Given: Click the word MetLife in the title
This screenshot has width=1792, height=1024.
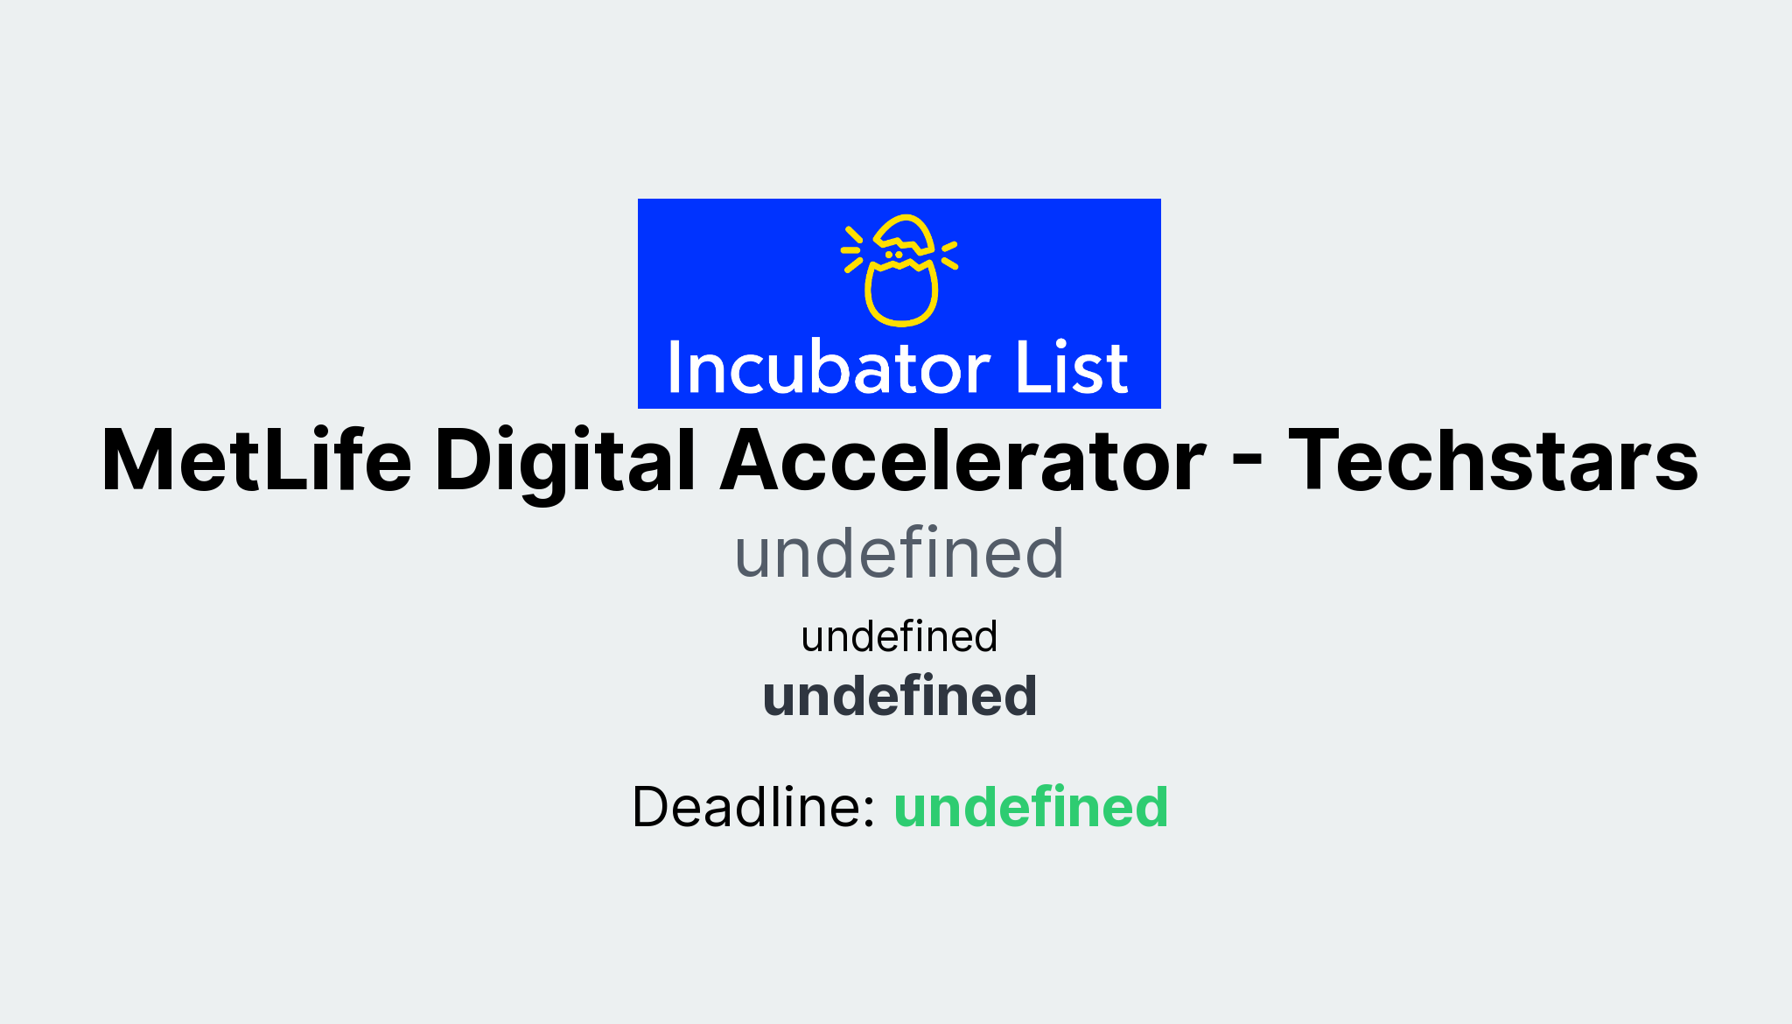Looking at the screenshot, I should tap(256, 460).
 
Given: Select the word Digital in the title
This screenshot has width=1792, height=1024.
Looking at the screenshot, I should tap(564, 460).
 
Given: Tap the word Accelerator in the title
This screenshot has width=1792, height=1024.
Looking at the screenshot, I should tap(962, 460).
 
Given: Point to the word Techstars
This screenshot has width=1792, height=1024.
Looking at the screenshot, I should tap(1493, 460).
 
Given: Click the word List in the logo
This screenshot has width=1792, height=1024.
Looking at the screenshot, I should tap(1071, 368).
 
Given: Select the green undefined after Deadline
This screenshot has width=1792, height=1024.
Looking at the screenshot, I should tap(1031, 806).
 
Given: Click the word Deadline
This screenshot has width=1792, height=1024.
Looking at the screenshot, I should tap(752, 806).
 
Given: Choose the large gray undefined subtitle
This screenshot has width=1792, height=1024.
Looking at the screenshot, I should tap(899, 553).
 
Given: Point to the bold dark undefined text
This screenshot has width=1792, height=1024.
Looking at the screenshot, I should tap(899, 696).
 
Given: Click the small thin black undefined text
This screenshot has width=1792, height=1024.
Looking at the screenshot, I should tap(899, 636).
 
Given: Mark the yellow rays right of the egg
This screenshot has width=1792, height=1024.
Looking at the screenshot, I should tap(949, 255).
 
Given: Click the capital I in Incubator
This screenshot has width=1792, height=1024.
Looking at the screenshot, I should tap(675, 368).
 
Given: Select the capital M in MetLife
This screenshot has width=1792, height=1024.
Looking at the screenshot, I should tap(139, 460).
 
